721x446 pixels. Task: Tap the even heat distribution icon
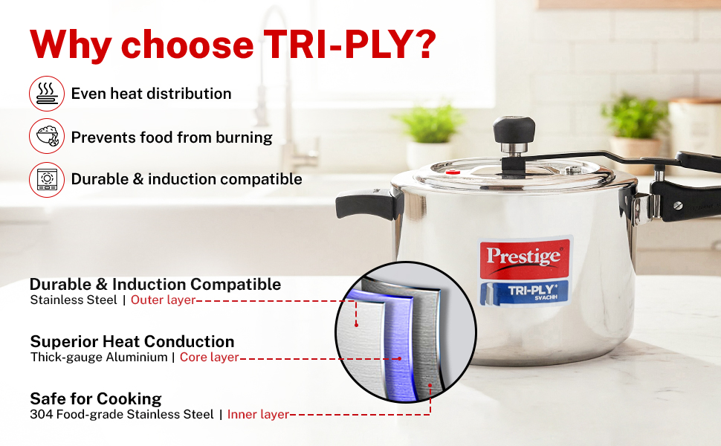(x=47, y=94)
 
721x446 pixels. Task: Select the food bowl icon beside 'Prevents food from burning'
(x=47, y=136)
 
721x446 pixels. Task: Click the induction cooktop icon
(x=47, y=179)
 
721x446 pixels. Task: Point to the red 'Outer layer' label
(x=164, y=300)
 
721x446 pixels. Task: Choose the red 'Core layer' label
(x=209, y=358)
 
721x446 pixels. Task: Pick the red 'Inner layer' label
(x=258, y=414)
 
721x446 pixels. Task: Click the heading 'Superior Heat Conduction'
(x=132, y=342)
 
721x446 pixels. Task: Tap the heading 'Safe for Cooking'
(x=96, y=398)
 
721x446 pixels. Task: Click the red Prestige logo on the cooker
(x=525, y=258)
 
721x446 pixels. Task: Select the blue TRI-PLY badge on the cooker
(x=524, y=293)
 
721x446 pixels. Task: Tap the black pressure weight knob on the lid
(x=514, y=129)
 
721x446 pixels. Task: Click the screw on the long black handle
(x=678, y=205)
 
